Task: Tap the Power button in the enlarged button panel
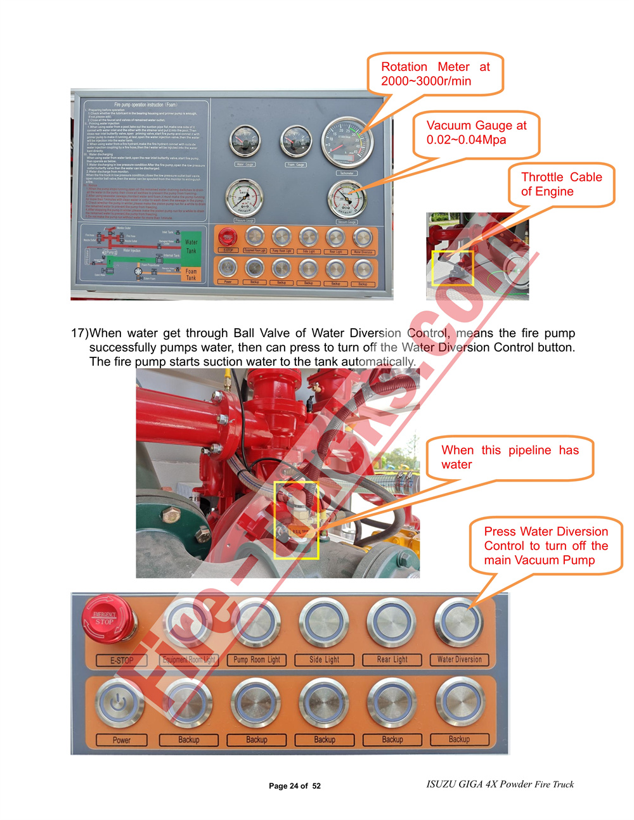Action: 120,703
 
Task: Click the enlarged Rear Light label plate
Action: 392,660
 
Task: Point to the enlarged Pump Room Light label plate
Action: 257,660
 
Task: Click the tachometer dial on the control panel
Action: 347,143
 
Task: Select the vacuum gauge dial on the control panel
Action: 347,199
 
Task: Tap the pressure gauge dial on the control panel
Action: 245,198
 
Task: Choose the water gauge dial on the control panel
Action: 245,141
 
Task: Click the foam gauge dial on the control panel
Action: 296,141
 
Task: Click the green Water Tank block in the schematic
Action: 191,246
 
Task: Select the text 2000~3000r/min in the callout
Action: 426,81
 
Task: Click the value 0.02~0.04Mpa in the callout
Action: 466,140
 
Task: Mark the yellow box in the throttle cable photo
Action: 453,268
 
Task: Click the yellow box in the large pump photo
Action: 296,520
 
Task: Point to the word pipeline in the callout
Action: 529,451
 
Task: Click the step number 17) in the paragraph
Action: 79,333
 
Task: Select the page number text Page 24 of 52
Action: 295,786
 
